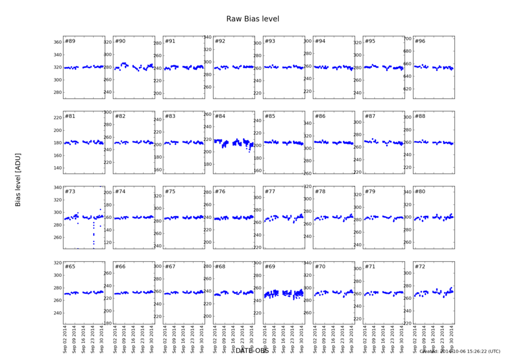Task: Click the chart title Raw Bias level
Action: [x=252, y=19]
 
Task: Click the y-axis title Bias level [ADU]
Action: [x=18, y=174]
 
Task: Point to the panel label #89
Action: [x=70, y=42]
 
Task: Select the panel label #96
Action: [x=420, y=42]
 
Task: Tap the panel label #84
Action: [x=220, y=116]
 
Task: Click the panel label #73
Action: [x=70, y=192]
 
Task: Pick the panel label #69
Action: [x=270, y=266]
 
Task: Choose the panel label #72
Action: [x=420, y=266]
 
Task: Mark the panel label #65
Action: [x=70, y=266]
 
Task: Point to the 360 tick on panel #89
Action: [x=57, y=43]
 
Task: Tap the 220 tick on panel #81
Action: [x=57, y=118]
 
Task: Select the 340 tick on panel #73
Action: [x=57, y=188]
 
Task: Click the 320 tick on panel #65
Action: [x=57, y=263]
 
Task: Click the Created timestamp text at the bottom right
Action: [x=460, y=352]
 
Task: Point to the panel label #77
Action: [x=270, y=192]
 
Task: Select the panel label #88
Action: [x=420, y=116]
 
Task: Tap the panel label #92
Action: [x=220, y=42]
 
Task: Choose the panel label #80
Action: [x=420, y=192]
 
